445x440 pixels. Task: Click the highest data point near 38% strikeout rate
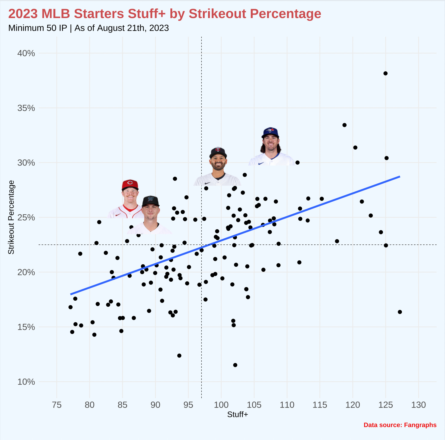click(385, 73)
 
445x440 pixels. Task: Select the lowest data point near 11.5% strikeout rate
click(235, 365)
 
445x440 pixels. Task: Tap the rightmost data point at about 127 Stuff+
click(400, 312)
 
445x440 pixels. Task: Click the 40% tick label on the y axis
click(26, 53)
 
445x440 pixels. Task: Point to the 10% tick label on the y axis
click(26, 382)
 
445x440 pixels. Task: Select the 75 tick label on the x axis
click(57, 405)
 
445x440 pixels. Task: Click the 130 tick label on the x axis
click(419, 405)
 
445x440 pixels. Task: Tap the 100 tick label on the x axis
click(221, 405)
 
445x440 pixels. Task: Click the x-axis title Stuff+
click(238, 414)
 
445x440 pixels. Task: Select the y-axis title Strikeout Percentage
click(11, 217)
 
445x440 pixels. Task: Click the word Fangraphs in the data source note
click(420, 425)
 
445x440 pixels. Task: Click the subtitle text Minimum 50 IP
click(38, 28)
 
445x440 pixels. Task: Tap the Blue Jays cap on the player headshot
click(270, 132)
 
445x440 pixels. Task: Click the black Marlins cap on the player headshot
click(151, 200)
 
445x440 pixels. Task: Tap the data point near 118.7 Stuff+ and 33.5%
click(344, 125)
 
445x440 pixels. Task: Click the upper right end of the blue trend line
click(399, 176)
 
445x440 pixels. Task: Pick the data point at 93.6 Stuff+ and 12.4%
click(179, 356)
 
